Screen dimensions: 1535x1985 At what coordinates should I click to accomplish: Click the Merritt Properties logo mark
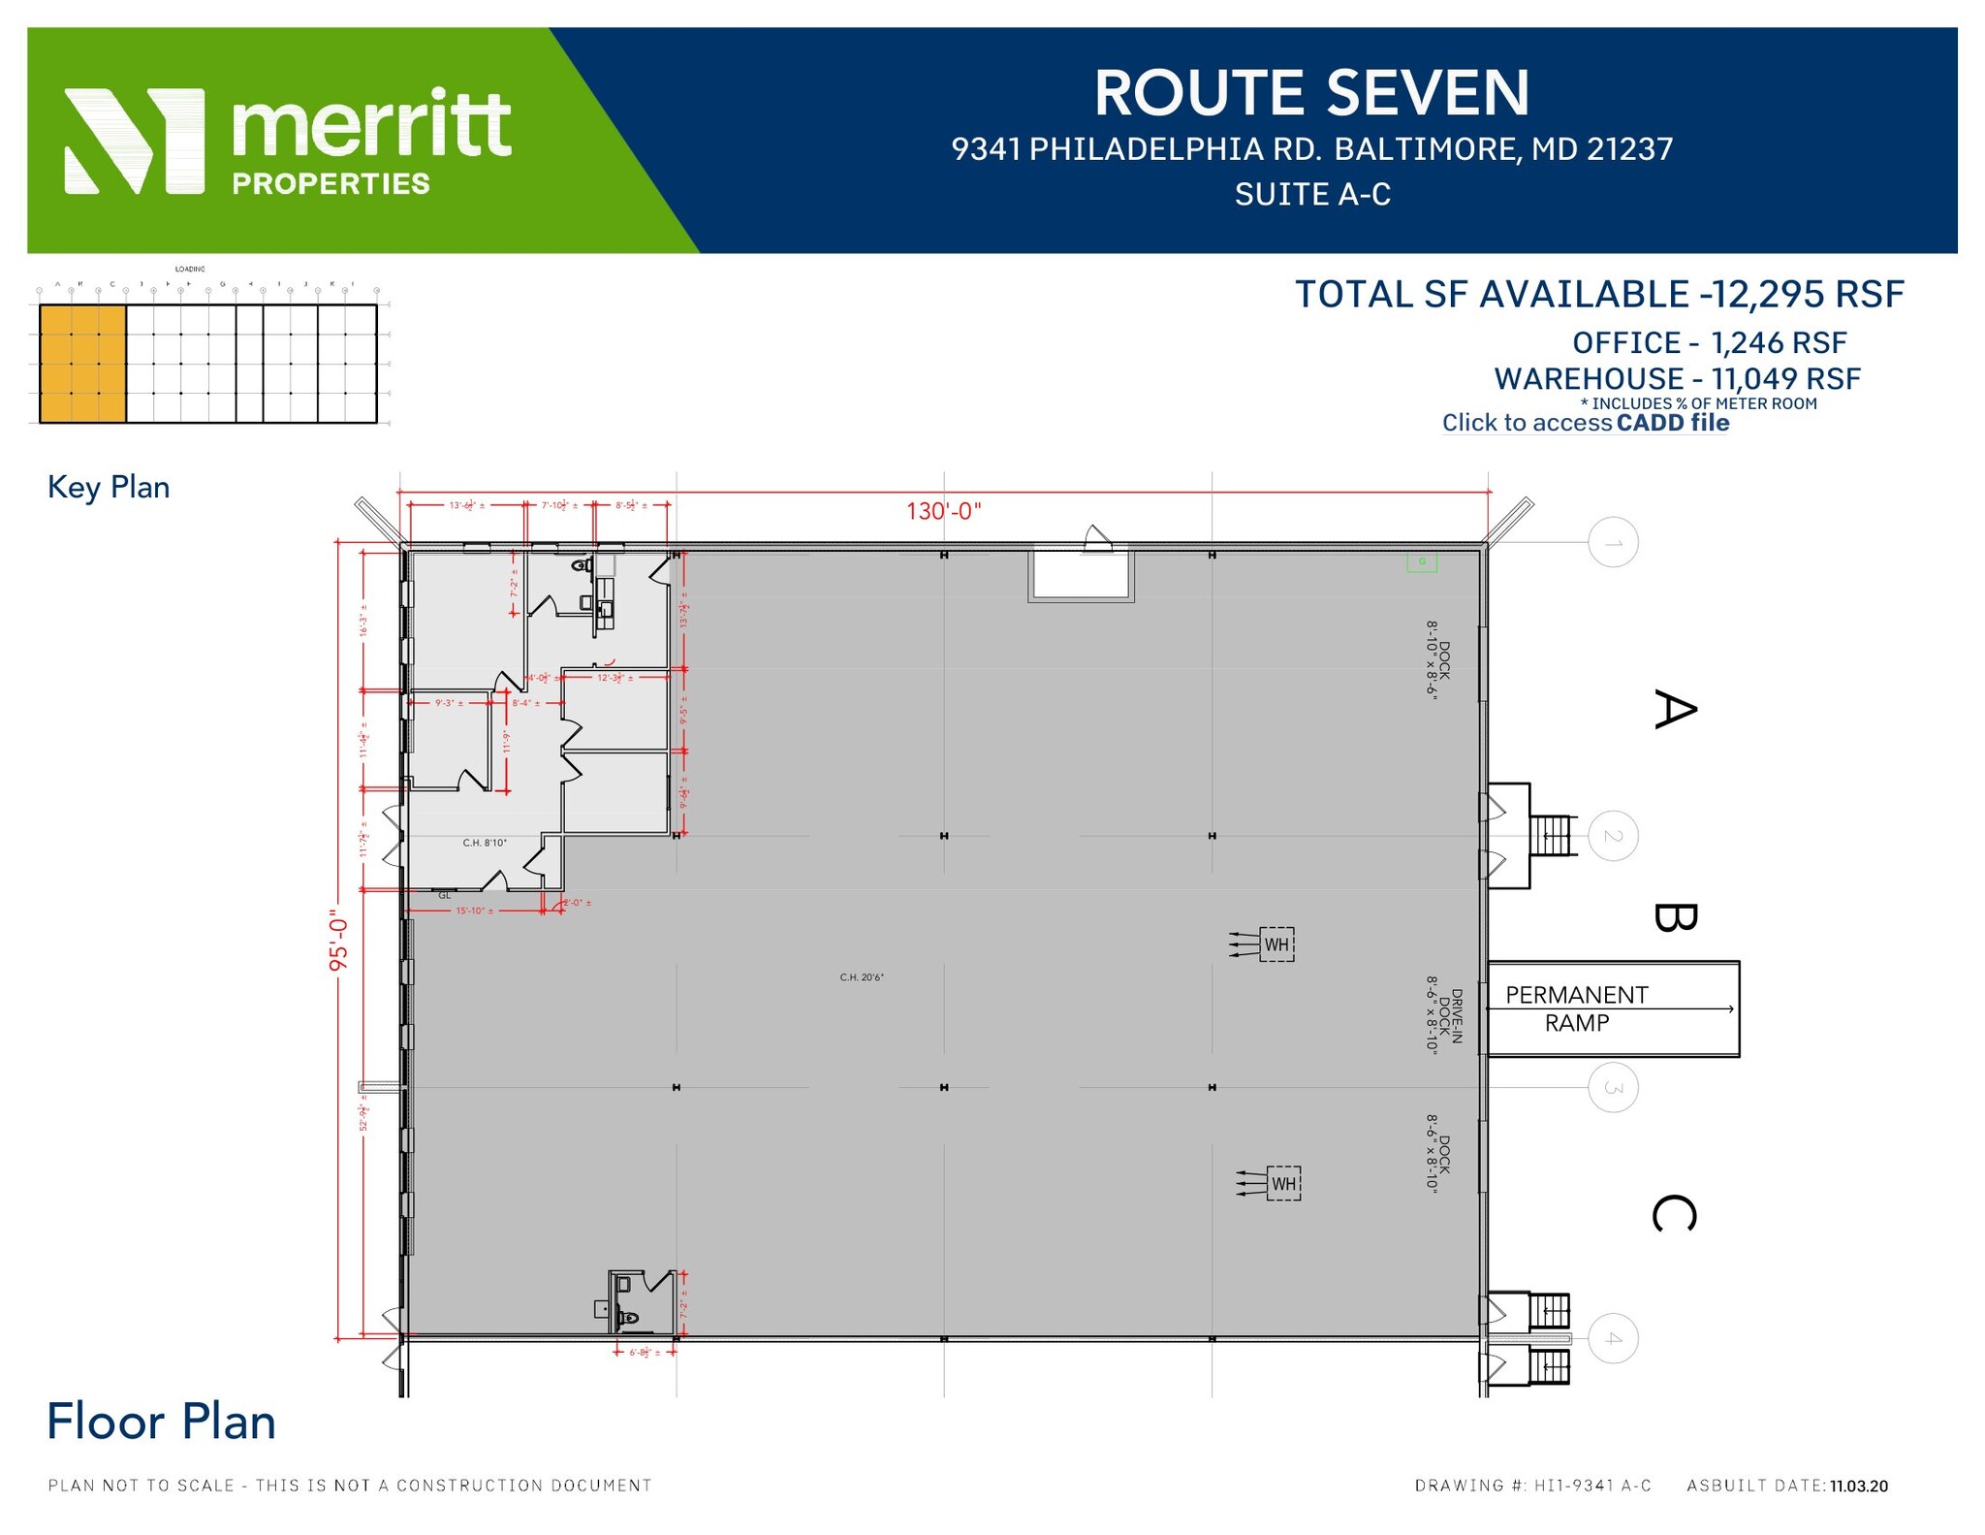click(x=134, y=142)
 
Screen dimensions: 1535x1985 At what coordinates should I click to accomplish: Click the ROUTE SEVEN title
click(x=1311, y=93)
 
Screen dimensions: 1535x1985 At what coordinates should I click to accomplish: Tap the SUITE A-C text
click(x=1311, y=195)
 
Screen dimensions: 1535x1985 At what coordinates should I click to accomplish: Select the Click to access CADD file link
click(x=1585, y=423)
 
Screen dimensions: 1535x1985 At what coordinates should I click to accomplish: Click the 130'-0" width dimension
click(x=943, y=511)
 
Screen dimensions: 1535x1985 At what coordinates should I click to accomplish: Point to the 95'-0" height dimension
click(x=337, y=940)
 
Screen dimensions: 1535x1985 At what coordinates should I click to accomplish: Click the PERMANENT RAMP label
click(x=1576, y=1008)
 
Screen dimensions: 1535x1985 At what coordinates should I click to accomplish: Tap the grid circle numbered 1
click(x=1613, y=542)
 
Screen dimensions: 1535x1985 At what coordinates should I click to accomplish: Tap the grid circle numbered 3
click(x=1613, y=1087)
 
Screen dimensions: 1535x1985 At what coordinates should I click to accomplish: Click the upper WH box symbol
click(x=1276, y=944)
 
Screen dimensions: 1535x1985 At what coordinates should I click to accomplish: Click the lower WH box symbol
click(x=1283, y=1184)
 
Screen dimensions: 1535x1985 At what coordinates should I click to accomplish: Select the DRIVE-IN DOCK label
click(x=1443, y=1014)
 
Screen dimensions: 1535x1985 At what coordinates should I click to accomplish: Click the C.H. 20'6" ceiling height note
click(x=861, y=977)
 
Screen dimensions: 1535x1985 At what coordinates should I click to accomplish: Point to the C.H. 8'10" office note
click(x=485, y=843)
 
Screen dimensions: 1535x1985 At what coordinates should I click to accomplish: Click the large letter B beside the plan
click(x=1674, y=916)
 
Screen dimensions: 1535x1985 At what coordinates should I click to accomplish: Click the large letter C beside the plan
click(x=1674, y=1213)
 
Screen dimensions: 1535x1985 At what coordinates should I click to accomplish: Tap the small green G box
click(x=1422, y=561)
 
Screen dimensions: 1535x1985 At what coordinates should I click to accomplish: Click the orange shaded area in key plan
click(x=82, y=364)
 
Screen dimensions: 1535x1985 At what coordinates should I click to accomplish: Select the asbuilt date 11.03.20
click(x=1858, y=1487)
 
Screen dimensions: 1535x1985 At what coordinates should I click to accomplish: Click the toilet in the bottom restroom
click(x=628, y=1318)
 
